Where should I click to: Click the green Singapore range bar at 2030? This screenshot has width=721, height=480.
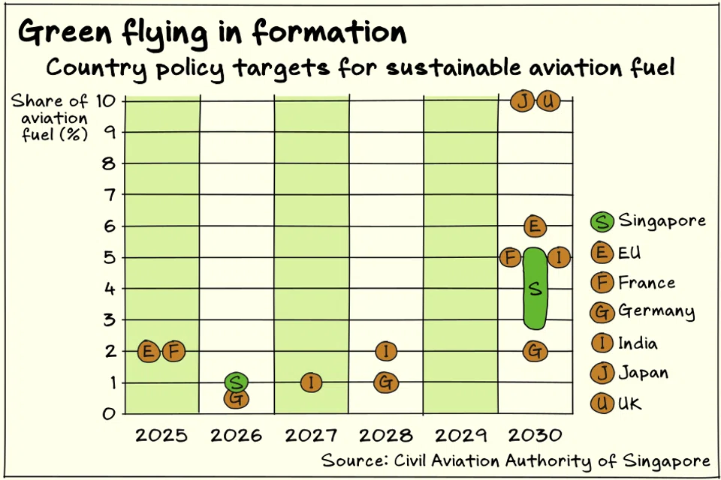pyautogui.click(x=534, y=289)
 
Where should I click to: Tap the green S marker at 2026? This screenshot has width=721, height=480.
pyautogui.click(x=236, y=382)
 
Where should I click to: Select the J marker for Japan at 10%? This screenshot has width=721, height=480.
pyautogui.click(x=522, y=101)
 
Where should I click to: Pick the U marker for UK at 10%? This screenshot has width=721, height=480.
pyautogui.click(x=548, y=101)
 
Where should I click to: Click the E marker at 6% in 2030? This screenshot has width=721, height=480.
pyautogui.click(x=534, y=226)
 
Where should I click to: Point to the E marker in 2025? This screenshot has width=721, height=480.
pyautogui.click(x=149, y=350)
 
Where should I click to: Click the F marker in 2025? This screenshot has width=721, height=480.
pyautogui.click(x=173, y=350)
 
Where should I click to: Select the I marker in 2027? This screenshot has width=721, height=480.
pyautogui.click(x=312, y=382)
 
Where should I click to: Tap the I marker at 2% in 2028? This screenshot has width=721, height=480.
pyautogui.click(x=385, y=350)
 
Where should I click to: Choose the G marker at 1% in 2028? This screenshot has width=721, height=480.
pyautogui.click(x=385, y=382)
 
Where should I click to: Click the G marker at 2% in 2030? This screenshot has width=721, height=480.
pyautogui.click(x=534, y=350)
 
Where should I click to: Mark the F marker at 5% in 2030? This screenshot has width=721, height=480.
pyautogui.click(x=510, y=258)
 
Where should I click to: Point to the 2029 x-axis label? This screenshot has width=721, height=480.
pyautogui.click(x=460, y=436)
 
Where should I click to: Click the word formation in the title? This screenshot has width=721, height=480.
pyautogui.click(x=329, y=32)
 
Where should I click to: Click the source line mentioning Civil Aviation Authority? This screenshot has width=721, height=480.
pyautogui.click(x=515, y=460)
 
